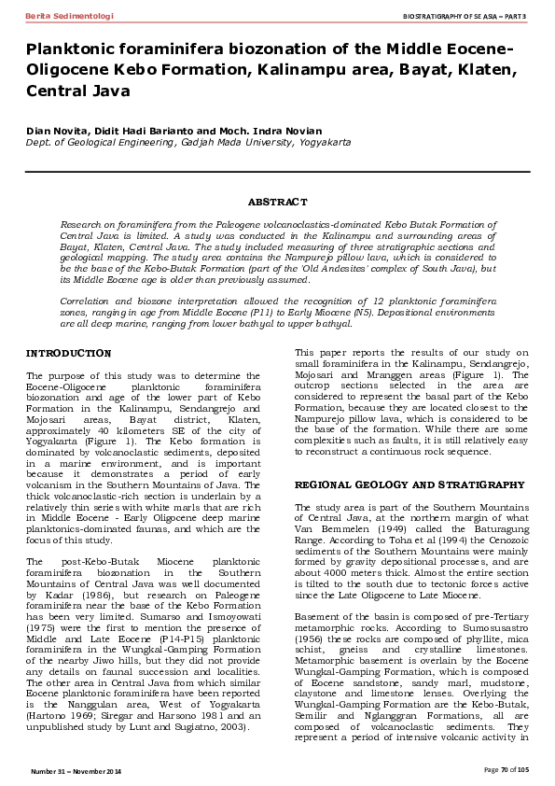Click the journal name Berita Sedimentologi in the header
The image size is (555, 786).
62,17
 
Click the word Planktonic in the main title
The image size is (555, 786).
77,49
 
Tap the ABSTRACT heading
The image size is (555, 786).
277,202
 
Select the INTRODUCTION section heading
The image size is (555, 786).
68,354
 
